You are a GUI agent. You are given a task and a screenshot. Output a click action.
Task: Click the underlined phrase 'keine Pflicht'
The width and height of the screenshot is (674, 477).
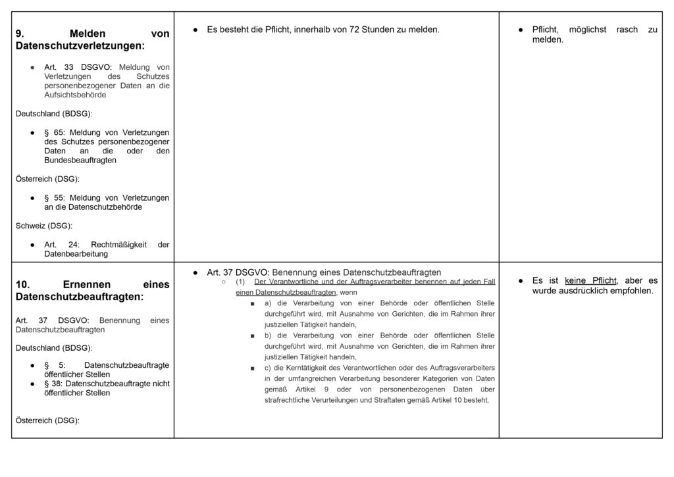tap(590, 281)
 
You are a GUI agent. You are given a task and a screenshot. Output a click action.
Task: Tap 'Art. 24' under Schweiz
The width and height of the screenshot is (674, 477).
tap(59, 244)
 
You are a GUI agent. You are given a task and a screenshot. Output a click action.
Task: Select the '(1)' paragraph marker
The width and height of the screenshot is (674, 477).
tap(241, 282)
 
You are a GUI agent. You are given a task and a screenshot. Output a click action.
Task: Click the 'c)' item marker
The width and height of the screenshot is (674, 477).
tap(269, 367)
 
